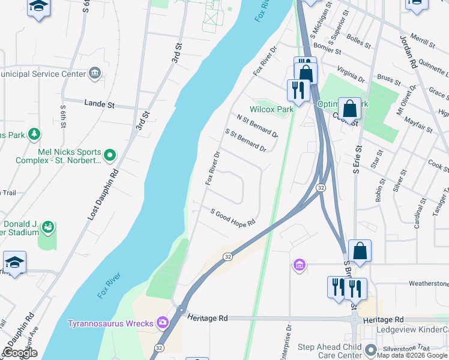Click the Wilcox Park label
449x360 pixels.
coord(272,109)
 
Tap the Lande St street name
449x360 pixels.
coord(99,104)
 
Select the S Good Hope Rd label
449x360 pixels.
coord(233,217)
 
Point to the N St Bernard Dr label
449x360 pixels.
coord(257,126)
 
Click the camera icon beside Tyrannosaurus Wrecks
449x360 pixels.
coord(162,323)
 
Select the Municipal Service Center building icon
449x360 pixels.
coord(94,74)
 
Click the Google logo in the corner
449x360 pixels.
coord(19,353)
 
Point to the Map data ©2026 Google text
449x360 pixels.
coord(412,355)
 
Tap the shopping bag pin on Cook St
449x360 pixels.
coord(349,109)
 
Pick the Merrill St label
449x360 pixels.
coord(423,40)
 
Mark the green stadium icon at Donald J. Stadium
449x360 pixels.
coord(47,227)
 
